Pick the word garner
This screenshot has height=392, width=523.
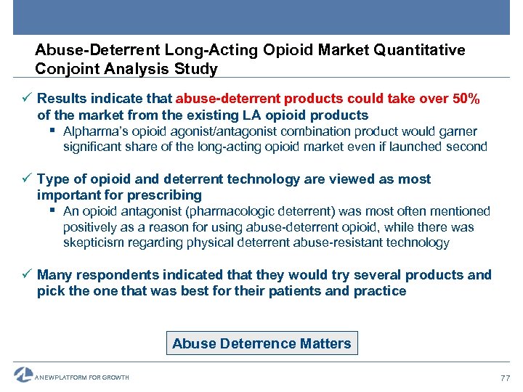click(459, 131)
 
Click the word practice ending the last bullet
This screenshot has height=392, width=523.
click(380, 291)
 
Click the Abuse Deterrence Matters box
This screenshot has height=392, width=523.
click(261, 343)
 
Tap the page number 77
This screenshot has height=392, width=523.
click(505, 377)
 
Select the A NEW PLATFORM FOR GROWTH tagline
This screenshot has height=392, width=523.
click(82, 377)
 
